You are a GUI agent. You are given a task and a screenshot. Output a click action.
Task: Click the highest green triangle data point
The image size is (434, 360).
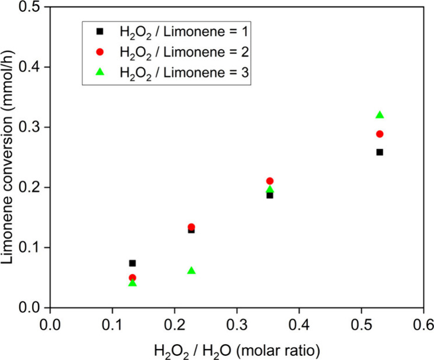pos(380,115)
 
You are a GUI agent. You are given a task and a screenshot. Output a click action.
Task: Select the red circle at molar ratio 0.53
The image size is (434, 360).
pos(380,134)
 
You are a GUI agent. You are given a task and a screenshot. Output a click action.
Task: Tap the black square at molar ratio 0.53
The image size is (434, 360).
pos(380,152)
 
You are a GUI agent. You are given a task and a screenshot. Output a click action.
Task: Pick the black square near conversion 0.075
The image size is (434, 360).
pos(132,263)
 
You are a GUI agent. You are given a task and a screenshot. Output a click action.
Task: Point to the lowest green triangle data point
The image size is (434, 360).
pos(132,283)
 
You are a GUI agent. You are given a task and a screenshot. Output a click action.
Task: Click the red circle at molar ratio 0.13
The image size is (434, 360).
pos(132,278)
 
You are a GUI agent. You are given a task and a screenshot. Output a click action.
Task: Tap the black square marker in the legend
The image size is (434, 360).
pos(99,32)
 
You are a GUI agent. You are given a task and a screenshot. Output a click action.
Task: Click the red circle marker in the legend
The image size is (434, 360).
pos(99,52)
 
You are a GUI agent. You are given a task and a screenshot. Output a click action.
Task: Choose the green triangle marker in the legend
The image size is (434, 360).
pos(99,72)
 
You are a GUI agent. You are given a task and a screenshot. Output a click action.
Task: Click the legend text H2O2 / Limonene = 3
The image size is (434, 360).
pos(184,72)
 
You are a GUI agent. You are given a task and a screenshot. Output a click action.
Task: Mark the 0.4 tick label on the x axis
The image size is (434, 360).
pos(299,322)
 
